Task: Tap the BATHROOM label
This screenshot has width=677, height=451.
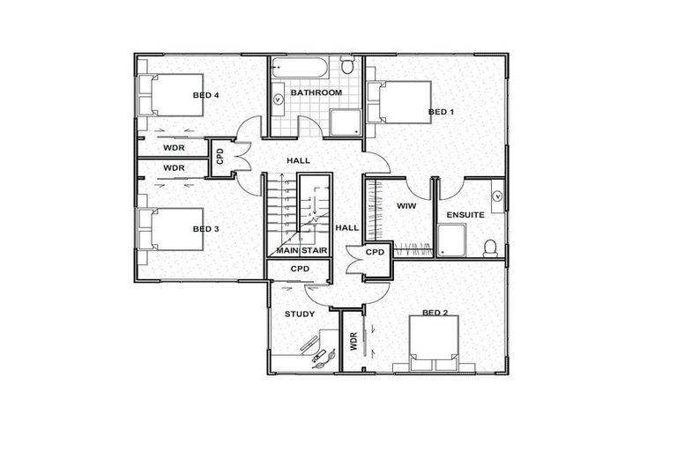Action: (x=316, y=92)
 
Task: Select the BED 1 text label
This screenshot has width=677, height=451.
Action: (x=441, y=112)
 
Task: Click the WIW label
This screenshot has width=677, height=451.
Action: (x=406, y=205)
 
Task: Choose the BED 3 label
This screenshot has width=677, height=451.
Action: (x=205, y=229)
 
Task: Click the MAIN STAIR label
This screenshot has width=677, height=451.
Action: (x=299, y=251)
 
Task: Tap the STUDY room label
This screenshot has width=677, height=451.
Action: (x=299, y=314)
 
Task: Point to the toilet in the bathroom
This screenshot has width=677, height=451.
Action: (x=347, y=66)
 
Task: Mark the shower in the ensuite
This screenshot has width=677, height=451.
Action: (x=451, y=239)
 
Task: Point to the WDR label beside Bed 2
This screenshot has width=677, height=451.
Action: (x=352, y=340)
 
